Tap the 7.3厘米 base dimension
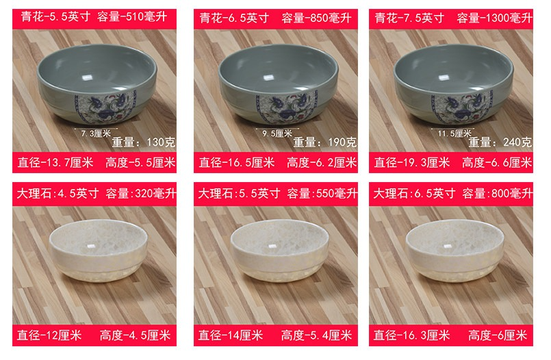pyautogui.click(x=96, y=133)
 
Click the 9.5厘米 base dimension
pyautogui.click(x=277, y=133)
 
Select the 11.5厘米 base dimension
pyautogui.click(x=454, y=133)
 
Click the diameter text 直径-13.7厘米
pyautogui.click(x=55, y=163)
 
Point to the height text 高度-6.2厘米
pyautogui.click(x=322, y=163)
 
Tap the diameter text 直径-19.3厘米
pyautogui.click(x=412, y=163)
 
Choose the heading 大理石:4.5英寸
pyautogui.click(x=58, y=194)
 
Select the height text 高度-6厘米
pyautogui.click(x=498, y=335)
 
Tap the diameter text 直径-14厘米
pyautogui.click(x=231, y=335)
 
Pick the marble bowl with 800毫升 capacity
pyautogui.click(x=455, y=250)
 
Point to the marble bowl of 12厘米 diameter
pyautogui.click(x=99, y=250)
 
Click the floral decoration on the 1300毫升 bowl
pyautogui.click(x=461, y=106)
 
